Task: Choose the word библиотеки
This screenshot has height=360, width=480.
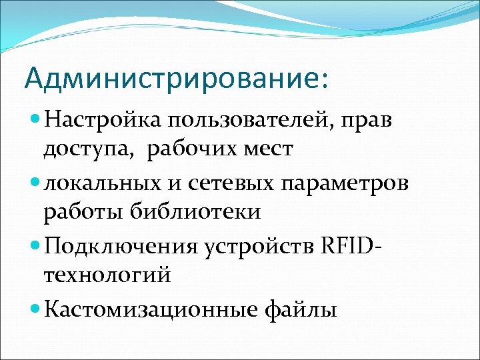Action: (193, 213)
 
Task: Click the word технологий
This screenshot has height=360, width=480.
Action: (107, 274)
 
